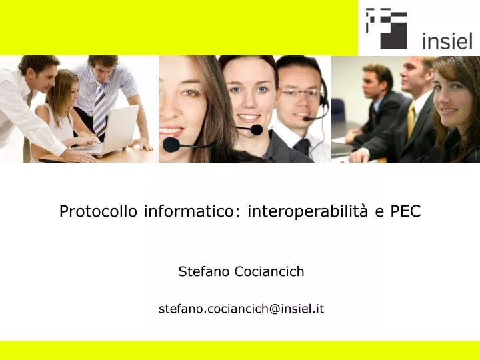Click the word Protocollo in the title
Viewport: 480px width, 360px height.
click(x=98, y=211)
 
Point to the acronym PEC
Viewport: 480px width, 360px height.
click(x=405, y=211)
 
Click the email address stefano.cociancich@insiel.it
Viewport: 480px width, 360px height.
click(x=241, y=308)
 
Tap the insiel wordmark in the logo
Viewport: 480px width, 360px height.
click(x=447, y=41)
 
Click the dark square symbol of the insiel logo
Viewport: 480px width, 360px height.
click(x=386, y=28)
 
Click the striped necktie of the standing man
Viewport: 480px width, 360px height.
click(x=100, y=107)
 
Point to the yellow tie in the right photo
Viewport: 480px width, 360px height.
click(x=411, y=120)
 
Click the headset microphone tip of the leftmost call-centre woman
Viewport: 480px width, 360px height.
click(x=171, y=143)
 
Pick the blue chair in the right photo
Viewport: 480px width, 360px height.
click(x=339, y=110)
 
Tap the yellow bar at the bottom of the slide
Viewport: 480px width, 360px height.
click(x=240, y=351)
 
